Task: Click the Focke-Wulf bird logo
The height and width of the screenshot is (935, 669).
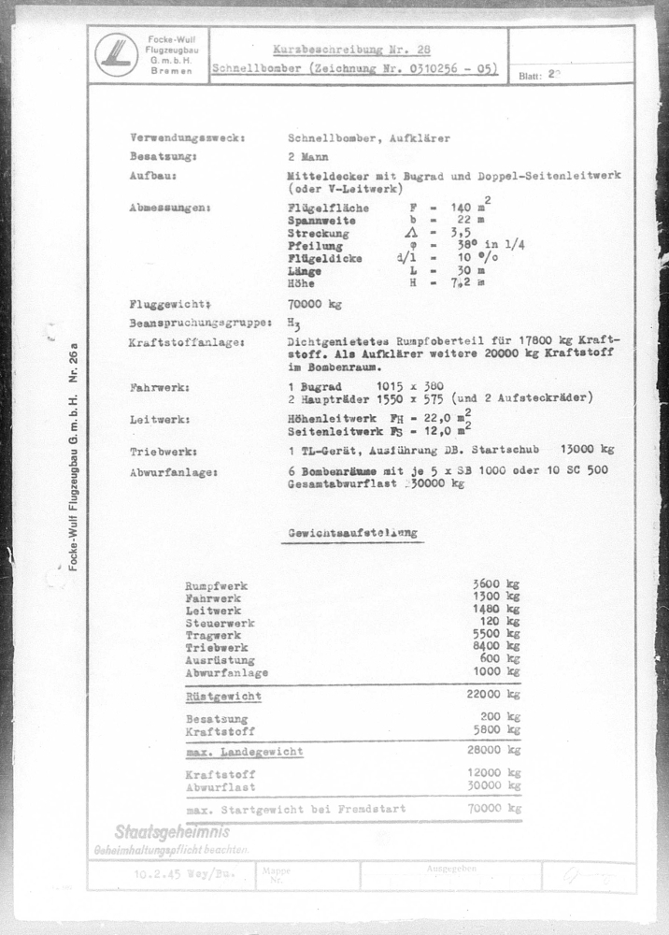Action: [x=116, y=55]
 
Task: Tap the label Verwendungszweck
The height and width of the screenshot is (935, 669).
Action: [x=187, y=138]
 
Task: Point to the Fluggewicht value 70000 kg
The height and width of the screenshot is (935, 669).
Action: [x=315, y=304]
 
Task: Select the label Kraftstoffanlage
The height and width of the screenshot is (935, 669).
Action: [x=187, y=343]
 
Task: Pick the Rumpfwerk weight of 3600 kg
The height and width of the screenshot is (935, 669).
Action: [x=496, y=584]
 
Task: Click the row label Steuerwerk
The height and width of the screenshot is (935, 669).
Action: [x=220, y=623]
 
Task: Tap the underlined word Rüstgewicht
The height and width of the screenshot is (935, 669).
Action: [x=223, y=697]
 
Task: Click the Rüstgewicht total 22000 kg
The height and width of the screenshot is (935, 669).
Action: [x=493, y=696]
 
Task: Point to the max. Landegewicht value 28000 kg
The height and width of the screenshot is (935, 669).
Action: [x=493, y=751]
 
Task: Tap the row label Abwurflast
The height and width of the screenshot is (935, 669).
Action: [x=220, y=787]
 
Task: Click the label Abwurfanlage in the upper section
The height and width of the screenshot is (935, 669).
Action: [x=174, y=472]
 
